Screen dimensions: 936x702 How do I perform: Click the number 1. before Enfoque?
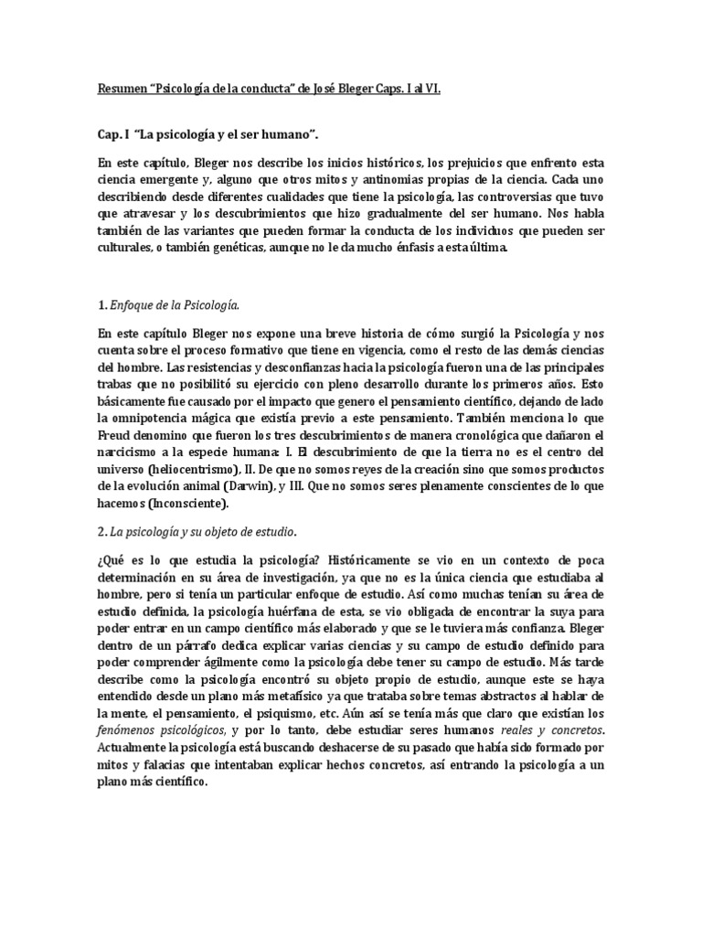click(x=101, y=303)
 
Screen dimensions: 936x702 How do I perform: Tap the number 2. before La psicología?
click(x=101, y=531)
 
